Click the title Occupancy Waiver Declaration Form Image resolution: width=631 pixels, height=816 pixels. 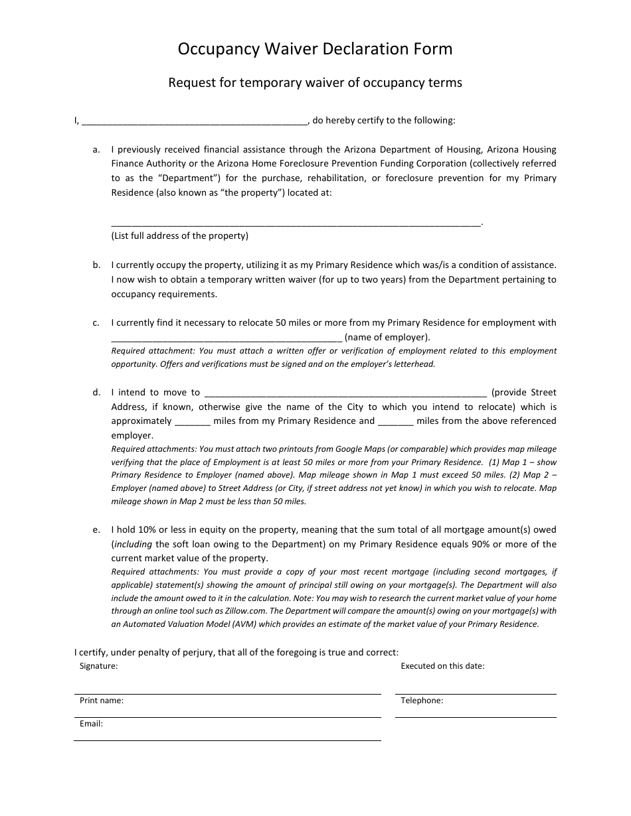315,49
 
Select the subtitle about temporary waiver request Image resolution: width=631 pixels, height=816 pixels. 315,83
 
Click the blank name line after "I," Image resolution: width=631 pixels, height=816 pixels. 193,121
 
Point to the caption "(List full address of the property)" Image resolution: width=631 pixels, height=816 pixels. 179,236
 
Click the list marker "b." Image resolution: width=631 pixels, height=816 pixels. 96,265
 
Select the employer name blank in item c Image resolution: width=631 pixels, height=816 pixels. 226,338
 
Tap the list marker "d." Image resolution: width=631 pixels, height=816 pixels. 96,392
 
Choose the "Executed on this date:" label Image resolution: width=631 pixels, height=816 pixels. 442,665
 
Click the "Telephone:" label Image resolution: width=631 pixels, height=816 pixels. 422,700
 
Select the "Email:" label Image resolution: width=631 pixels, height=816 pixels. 92,724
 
